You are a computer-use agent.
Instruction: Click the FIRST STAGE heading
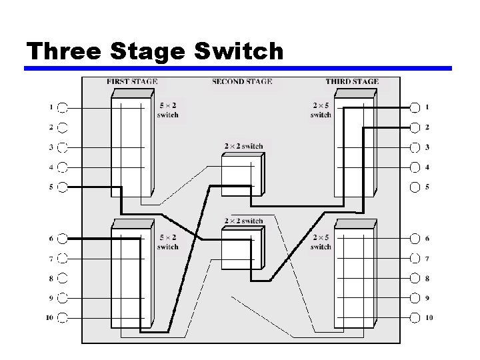tap(132, 82)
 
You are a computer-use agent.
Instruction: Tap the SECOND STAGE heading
tap(242, 82)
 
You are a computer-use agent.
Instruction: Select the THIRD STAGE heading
tap(352, 82)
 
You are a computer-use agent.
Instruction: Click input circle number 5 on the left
tap(63, 187)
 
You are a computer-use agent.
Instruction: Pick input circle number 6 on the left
tap(63, 238)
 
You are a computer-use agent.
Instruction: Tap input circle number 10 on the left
tap(63, 317)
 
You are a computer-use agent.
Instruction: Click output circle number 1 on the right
tap(415, 107)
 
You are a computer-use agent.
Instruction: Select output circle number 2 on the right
tap(415, 127)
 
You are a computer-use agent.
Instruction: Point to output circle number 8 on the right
tap(415, 278)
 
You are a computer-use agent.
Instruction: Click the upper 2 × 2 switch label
tap(243, 147)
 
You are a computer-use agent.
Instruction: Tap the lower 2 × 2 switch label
tap(243, 221)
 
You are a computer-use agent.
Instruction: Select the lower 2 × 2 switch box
tap(242, 248)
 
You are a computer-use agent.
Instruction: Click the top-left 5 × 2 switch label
tap(167, 110)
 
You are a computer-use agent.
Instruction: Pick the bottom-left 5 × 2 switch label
tap(167, 242)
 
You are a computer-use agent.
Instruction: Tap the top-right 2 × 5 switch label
tap(321, 110)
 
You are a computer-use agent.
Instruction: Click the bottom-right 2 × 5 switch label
tap(321, 242)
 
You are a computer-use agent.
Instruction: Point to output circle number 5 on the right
tap(415, 187)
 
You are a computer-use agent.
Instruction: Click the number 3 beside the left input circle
tap(51, 147)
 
